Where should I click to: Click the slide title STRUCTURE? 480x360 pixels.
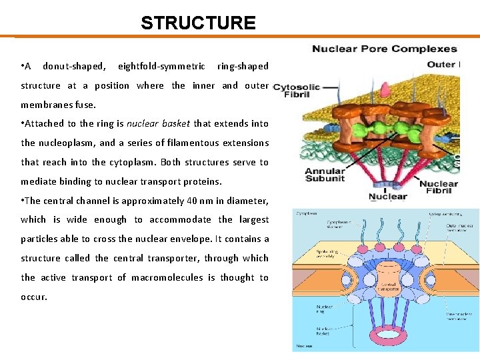pos(198,23)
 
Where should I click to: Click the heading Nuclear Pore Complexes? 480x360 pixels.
pos(385,49)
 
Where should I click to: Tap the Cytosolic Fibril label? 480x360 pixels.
pos(297,91)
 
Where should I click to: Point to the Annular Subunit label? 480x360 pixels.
pos(325,175)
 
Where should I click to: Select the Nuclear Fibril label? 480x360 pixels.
pos(438,188)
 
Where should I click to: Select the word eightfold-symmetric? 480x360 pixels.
pos(161,66)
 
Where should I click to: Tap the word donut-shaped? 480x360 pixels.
pos(74,66)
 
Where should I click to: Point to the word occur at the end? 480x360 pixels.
pos(33,297)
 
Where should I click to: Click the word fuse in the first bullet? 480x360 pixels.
pos(85,105)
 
